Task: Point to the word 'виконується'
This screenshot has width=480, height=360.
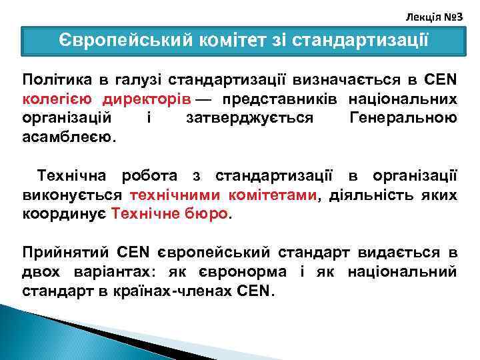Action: pyautogui.click(x=72, y=196)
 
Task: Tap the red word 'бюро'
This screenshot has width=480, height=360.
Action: pyautogui.click(x=209, y=215)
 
